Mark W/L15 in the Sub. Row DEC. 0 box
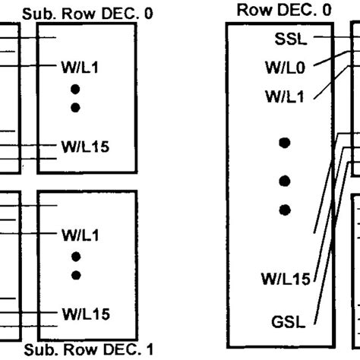click(84, 146)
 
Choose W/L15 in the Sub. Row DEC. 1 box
click(84, 312)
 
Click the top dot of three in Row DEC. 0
click(284, 142)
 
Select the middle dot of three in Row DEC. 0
click(284, 181)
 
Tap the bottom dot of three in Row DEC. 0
click(284, 209)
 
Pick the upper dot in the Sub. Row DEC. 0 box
click(75, 90)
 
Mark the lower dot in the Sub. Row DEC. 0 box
click(75, 108)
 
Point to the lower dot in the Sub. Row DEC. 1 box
click(75, 274)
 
